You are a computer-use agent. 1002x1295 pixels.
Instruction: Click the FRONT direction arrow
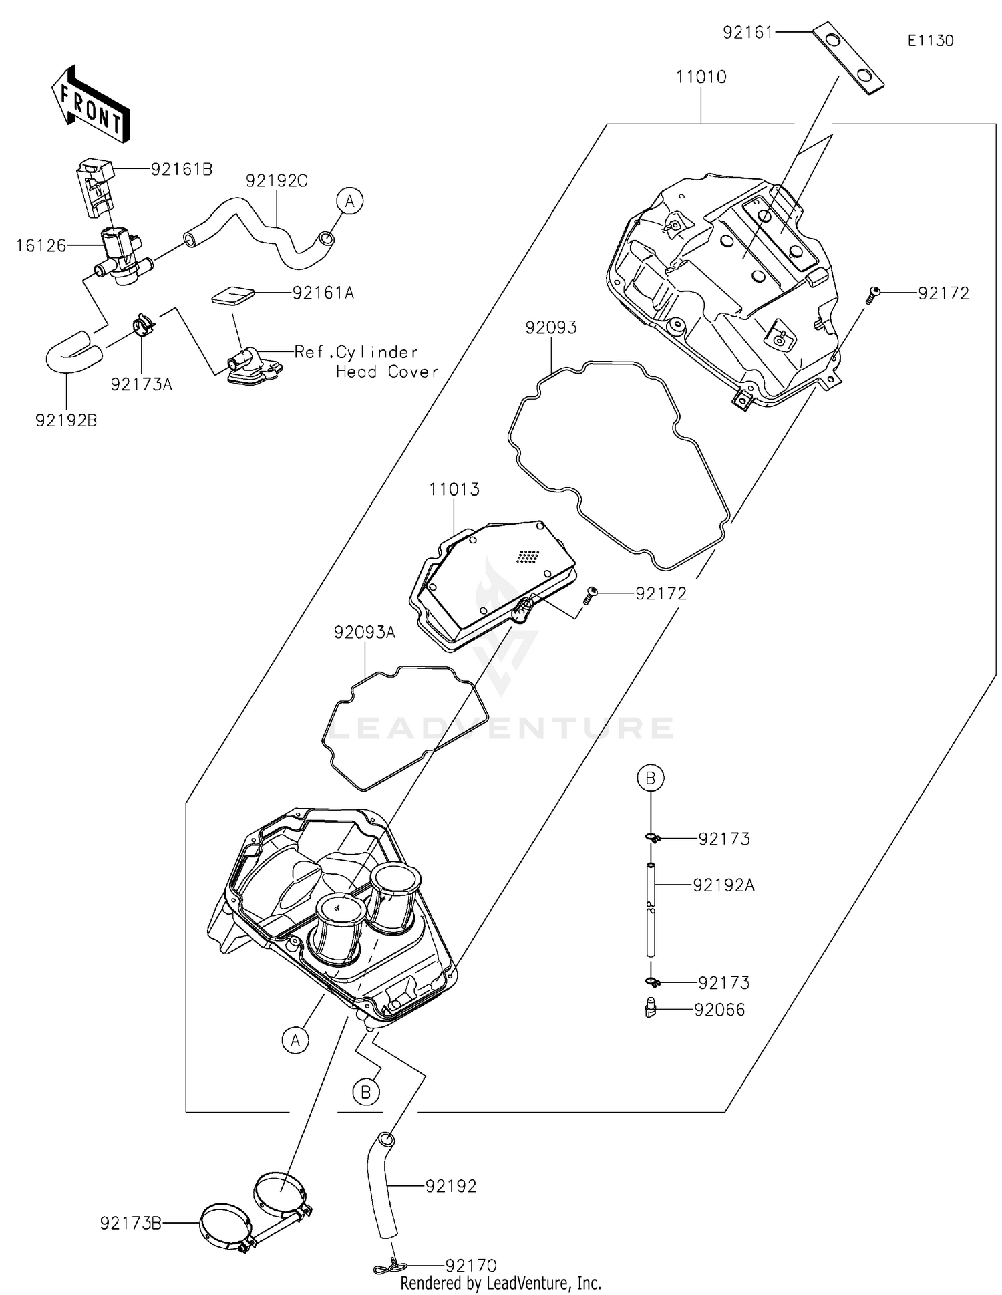[x=90, y=105]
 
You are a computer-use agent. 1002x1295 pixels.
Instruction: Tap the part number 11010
[x=701, y=77]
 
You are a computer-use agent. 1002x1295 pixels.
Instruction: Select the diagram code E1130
[x=930, y=41]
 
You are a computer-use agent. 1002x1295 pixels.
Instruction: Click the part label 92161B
[x=181, y=170]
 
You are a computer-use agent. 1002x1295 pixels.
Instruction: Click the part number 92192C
[x=276, y=181]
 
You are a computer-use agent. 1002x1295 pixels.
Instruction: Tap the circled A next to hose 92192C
[x=349, y=200]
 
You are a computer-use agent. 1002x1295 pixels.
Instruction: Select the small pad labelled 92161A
[x=233, y=295]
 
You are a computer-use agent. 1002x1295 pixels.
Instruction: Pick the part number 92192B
[x=66, y=420]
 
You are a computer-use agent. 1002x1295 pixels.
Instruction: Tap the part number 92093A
[x=365, y=632]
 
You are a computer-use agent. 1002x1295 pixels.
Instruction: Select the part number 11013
[x=454, y=490]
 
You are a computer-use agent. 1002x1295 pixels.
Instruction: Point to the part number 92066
[x=719, y=1010]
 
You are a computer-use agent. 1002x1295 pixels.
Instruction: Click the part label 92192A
[x=723, y=885]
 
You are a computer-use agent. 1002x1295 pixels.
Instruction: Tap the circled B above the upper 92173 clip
[x=650, y=778]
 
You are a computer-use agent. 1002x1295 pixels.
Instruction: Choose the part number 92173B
[x=131, y=1223]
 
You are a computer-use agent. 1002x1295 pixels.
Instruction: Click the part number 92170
[x=471, y=1266]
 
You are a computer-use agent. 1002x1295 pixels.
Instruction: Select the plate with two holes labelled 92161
[x=848, y=59]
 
